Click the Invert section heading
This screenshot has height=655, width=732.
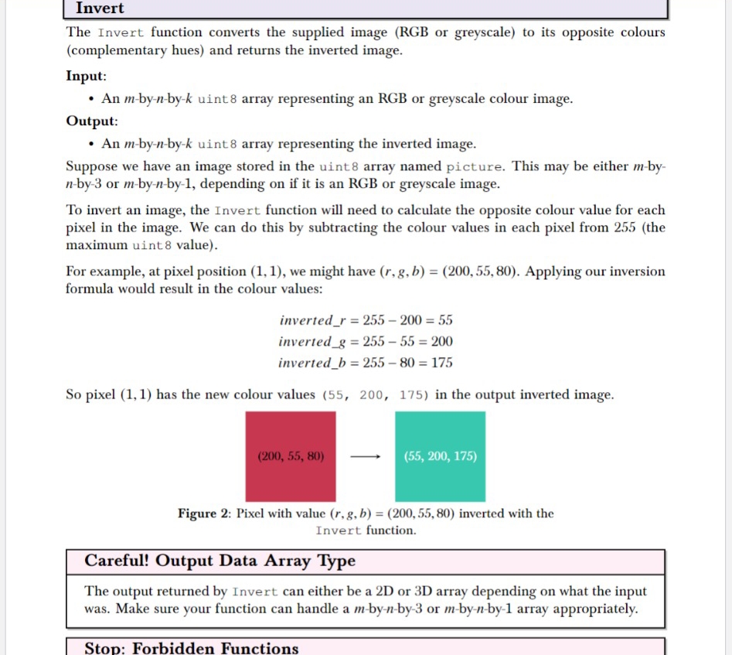(100, 9)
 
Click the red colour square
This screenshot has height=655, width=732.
(291, 433)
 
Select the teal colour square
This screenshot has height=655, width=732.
(440, 433)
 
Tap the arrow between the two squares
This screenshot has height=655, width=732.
(365, 456)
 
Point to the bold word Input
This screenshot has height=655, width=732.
(86, 77)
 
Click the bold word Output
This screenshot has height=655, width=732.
(91, 121)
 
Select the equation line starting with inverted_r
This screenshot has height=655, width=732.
(366, 320)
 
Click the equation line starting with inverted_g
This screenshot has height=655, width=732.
(366, 341)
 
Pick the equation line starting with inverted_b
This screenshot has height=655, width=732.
(366, 363)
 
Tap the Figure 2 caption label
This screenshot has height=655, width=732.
(204, 513)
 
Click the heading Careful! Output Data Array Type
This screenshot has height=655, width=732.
(220, 561)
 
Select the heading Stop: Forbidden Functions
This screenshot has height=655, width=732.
(191, 647)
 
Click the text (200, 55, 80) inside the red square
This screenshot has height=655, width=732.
(290, 456)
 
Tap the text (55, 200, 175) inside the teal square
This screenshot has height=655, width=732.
(440, 456)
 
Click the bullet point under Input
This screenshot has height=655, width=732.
(92, 100)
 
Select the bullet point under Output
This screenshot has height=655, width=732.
(92, 144)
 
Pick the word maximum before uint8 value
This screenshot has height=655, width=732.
(96, 245)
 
